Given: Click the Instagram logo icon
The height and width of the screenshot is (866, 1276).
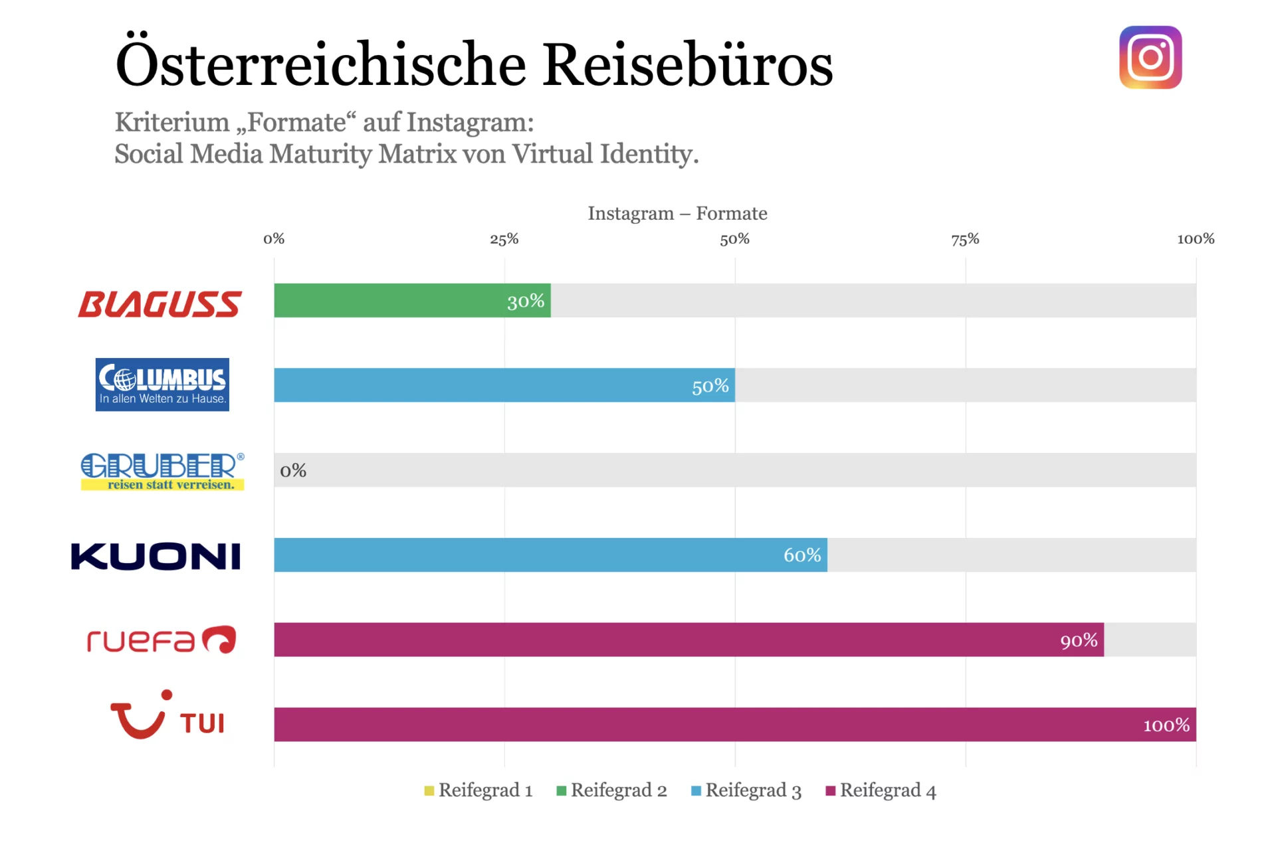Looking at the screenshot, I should (x=1150, y=57).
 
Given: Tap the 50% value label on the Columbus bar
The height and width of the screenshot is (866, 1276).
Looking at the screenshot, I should (x=710, y=386).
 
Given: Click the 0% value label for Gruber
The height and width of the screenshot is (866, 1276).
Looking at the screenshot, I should (x=293, y=470).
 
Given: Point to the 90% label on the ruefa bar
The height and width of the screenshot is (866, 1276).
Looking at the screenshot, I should (x=1078, y=640).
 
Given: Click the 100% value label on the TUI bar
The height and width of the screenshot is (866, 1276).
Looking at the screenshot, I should (x=1166, y=725).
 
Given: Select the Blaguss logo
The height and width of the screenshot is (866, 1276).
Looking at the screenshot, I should (x=159, y=303).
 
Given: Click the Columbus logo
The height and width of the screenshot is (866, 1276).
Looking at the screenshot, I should (x=162, y=385).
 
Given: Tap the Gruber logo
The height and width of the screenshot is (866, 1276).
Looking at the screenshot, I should (x=163, y=472).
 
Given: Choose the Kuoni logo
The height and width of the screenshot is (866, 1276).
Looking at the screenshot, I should (x=156, y=556).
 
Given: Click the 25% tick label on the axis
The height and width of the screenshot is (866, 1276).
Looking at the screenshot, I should (x=504, y=239).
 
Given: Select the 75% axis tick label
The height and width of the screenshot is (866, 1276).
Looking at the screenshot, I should (x=965, y=239).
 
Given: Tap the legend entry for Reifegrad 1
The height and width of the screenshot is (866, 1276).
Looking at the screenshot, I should (x=478, y=790).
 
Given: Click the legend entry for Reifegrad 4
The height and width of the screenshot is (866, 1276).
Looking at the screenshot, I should (x=881, y=790).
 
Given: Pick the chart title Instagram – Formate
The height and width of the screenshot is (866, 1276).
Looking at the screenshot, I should (x=677, y=213).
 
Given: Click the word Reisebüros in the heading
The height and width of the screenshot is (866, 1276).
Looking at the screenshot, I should (x=687, y=65).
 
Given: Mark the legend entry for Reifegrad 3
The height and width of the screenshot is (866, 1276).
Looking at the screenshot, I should (x=746, y=790).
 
